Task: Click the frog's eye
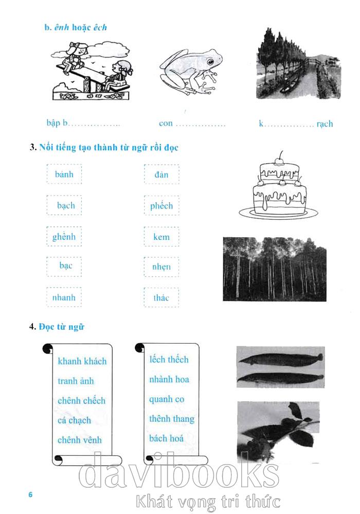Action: point(210,62)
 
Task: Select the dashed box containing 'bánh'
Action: point(64,174)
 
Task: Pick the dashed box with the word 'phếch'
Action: point(161,205)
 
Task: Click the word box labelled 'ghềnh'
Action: point(64,236)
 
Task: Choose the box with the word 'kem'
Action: point(161,236)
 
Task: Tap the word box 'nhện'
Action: point(161,267)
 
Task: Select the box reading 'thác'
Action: point(161,297)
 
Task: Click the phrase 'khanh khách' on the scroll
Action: point(82,361)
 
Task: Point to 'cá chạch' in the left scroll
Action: point(74,420)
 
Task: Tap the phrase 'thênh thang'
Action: point(172,419)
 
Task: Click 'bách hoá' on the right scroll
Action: point(166,438)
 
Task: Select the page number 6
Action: point(30,494)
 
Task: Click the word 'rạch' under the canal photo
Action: point(325,124)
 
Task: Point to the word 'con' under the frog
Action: point(166,123)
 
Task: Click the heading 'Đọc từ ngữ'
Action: point(62,327)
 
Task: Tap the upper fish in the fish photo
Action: point(281,359)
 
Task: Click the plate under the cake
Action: point(278,214)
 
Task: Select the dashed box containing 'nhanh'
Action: point(64,297)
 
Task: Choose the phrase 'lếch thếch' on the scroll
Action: point(169,360)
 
